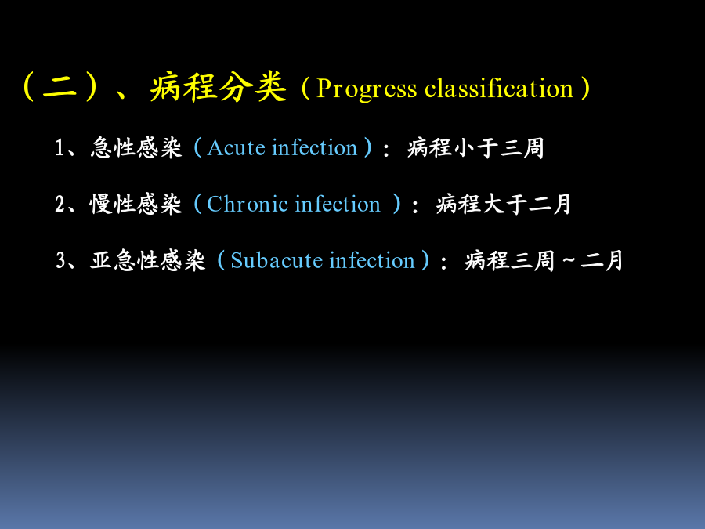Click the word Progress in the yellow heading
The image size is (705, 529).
367,89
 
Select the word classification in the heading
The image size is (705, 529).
499,88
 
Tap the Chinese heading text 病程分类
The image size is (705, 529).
219,87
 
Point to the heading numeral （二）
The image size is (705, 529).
60,86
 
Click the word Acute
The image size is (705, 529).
237,147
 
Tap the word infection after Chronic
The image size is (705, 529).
338,204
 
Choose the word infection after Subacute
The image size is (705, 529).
372,260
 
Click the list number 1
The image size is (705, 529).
60,147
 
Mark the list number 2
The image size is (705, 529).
60,205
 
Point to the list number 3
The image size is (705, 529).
60,261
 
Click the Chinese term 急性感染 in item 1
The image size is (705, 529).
136,147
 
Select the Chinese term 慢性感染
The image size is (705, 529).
136,205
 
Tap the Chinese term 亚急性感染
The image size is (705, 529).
148,261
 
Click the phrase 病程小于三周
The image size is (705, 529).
475,147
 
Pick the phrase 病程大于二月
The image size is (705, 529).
504,205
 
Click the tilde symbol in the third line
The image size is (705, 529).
569,260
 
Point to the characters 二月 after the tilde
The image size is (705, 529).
602,261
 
